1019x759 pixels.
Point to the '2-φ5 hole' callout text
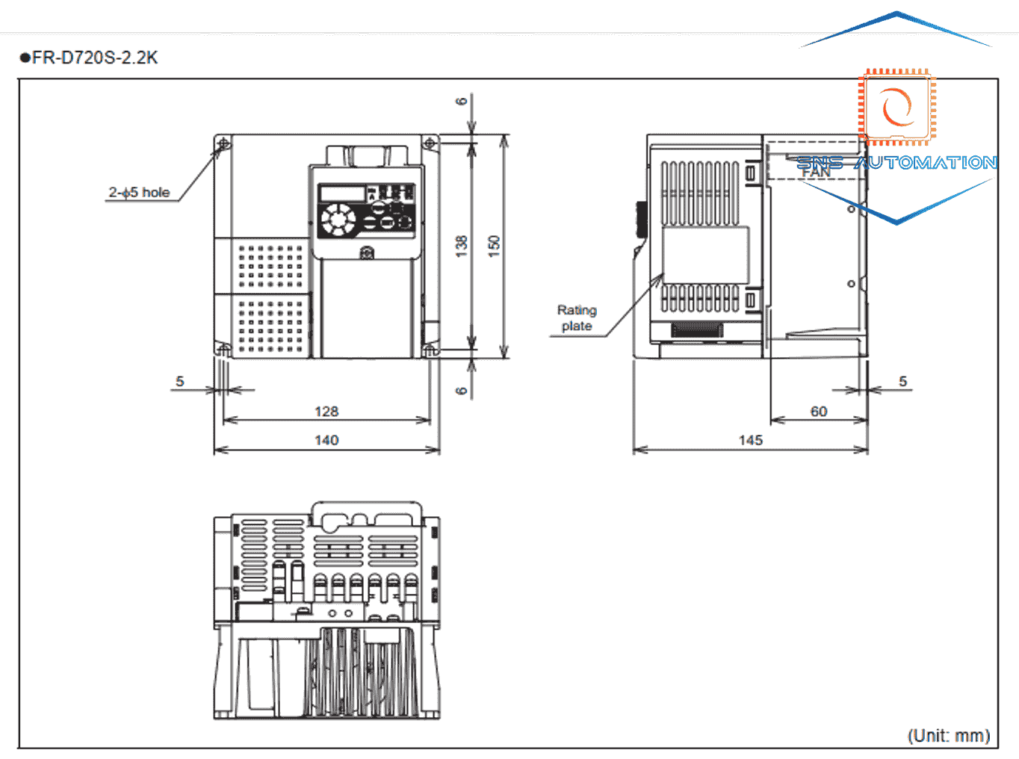(x=139, y=193)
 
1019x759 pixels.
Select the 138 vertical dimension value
(x=462, y=246)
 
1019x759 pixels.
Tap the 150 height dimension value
(x=494, y=246)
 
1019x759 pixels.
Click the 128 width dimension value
(x=326, y=412)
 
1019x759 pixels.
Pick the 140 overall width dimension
(x=326, y=440)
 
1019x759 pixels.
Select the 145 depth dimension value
(x=750, y=440)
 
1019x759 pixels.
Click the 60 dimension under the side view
(x=819, y=412)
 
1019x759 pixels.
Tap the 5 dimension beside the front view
(x=179, y=382)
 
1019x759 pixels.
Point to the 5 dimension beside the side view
(x=902, y=382)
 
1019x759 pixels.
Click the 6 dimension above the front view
(x=462, y=101)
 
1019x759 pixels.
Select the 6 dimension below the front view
(x=462, y=390)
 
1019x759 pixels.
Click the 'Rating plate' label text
(x=577, y=318)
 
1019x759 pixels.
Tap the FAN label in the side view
(x=816, y=173)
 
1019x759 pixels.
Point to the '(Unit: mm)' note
(x=949, y=736)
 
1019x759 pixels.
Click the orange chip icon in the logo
(x=896, y=108)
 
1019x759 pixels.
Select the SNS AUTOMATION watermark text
(x=896, y=163)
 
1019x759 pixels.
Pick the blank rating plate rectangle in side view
(x=705, y=254)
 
